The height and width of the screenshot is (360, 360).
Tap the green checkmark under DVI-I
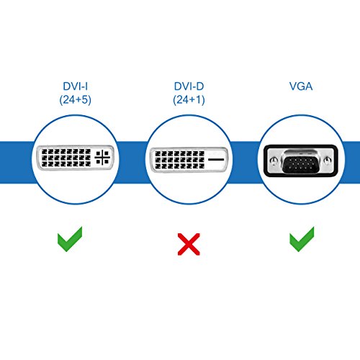click(x=70, y=239)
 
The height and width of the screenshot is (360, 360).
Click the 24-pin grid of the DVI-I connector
click(x=64, y=158)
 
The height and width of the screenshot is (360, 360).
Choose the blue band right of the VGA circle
click(x=351, y=158)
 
